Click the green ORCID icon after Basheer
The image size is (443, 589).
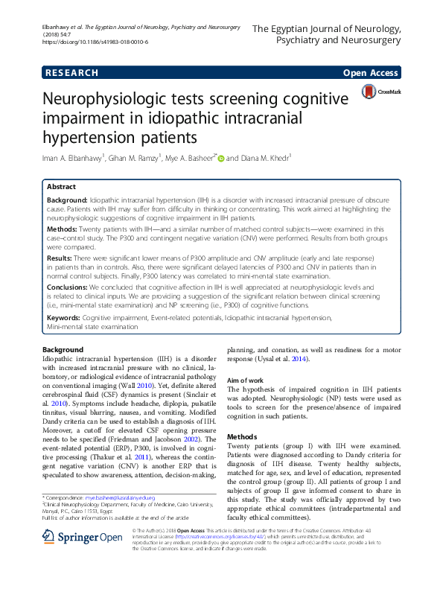point(220,157)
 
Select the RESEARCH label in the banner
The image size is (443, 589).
point(71,72)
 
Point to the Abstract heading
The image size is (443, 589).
point(60,188)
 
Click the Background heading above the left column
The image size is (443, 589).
point(63,349)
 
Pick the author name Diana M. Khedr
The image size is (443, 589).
point(266,158)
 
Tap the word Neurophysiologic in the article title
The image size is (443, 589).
point(144,101)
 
